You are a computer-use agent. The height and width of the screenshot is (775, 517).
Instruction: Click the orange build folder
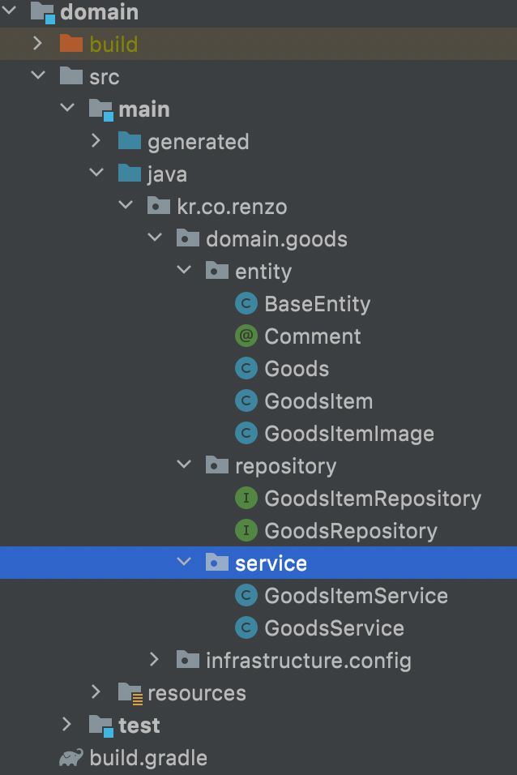point(113,44)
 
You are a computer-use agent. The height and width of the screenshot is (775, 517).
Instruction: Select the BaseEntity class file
point(317,304)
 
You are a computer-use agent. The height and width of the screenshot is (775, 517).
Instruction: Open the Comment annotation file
point(312,336)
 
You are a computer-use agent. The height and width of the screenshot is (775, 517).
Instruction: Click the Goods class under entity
point(297,369)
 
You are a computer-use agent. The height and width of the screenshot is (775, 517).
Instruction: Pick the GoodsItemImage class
point(348,434)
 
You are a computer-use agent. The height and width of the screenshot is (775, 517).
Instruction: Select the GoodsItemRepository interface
point(372,499)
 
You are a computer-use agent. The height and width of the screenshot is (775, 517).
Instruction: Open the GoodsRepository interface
point(350,531)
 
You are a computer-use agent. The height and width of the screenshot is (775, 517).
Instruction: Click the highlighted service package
point(271,563)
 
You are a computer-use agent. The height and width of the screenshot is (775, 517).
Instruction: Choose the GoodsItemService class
point(356,596)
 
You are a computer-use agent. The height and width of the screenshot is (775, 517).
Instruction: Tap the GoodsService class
point(334,628)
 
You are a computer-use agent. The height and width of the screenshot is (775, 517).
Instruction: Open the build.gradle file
point(148,758)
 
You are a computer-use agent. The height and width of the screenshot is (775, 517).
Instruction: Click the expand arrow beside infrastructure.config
point(155,661)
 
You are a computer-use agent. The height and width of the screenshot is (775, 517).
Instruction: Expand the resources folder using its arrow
point(96,693)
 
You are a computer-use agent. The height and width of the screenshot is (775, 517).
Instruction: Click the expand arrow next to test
point(67,726)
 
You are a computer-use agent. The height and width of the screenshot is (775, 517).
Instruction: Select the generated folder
point(198,142)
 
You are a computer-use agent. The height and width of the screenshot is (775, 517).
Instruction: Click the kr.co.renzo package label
point(232,207)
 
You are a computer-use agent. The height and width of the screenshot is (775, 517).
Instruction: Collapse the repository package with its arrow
point(184,466)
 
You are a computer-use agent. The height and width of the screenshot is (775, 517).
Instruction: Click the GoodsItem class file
point(318,401)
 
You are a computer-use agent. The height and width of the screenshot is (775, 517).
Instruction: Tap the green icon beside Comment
point(246,336)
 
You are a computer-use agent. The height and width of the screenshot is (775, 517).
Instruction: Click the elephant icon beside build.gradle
point(71,758)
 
